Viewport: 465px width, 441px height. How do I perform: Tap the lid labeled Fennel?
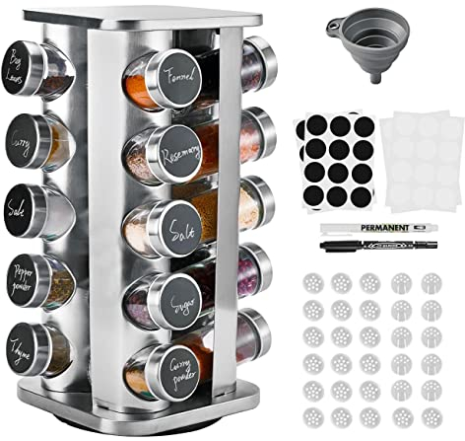pos(178,73)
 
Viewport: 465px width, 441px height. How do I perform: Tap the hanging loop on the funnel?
pos(336,23)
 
